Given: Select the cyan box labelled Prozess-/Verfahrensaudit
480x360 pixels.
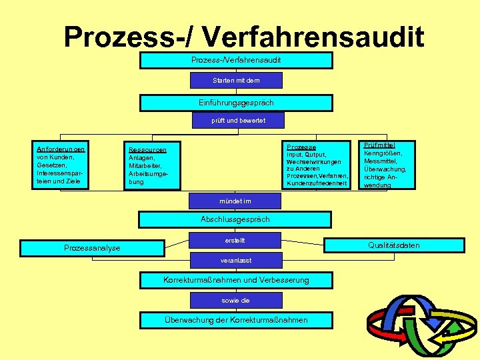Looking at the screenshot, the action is click(x=235, y=60).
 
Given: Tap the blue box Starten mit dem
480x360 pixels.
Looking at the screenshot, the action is click(x=236, y=81).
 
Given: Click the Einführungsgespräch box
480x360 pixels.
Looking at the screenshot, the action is click(x=235, y=103).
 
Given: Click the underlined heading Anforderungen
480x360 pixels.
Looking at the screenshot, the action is click(x=61, y=149).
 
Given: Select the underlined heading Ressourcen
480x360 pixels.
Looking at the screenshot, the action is click(x=147, y=150).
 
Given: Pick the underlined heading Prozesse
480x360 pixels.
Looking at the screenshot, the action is click(x=301, y=147).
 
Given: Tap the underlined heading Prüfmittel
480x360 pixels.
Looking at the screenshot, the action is click(x=379, y=145).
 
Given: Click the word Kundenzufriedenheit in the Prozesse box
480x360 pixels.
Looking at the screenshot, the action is click(x=317, y=183).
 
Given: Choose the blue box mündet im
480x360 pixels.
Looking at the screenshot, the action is click(x=235, y=200).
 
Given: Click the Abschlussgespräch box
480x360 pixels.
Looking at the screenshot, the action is click(x=235, y=219).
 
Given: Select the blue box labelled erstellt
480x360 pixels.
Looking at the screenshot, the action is click(x=237, y=239).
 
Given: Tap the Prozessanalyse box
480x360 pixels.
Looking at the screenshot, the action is click(x=92, y=248).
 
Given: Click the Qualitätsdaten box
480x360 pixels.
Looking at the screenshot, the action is click(x=394, y=245).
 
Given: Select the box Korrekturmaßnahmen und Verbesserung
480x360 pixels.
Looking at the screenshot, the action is click(x=236, y=280).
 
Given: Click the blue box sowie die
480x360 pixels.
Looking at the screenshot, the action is click(x=235, y=301).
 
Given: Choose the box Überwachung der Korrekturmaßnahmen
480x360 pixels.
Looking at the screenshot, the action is click(x=236, y=320).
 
